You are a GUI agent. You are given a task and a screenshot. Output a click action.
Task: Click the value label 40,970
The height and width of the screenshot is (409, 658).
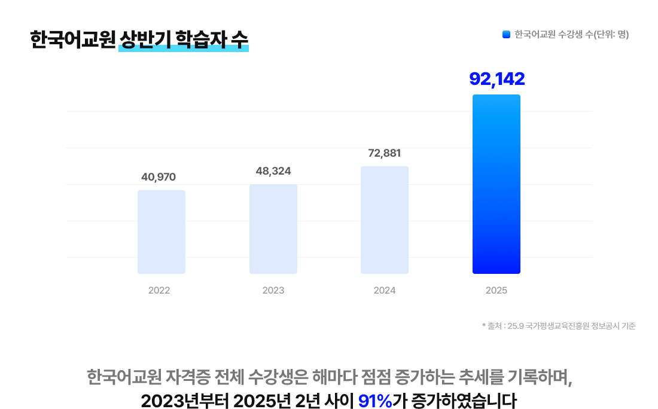pos(159,177)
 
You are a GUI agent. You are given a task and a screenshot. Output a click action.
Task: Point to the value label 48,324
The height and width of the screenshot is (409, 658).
pos(273,171)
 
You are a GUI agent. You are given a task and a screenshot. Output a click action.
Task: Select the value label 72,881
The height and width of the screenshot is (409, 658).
pos(385,153)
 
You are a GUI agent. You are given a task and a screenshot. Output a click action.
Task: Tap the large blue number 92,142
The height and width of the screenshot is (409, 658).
pos(497,79)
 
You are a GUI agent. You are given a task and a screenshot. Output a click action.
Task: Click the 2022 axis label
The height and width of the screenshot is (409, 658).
pos(159,291)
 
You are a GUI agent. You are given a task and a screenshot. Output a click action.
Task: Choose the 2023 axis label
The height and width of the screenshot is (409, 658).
pos(273,291)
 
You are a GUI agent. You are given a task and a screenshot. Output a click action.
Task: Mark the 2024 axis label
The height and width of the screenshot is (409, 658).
pos(385,291)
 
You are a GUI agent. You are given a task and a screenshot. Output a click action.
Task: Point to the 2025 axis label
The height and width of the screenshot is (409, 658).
pos(496,291)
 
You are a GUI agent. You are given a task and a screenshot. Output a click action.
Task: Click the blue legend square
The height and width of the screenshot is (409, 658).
pos(506,35)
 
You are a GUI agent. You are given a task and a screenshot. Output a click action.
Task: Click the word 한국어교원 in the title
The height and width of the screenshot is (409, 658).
pos(72,39)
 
